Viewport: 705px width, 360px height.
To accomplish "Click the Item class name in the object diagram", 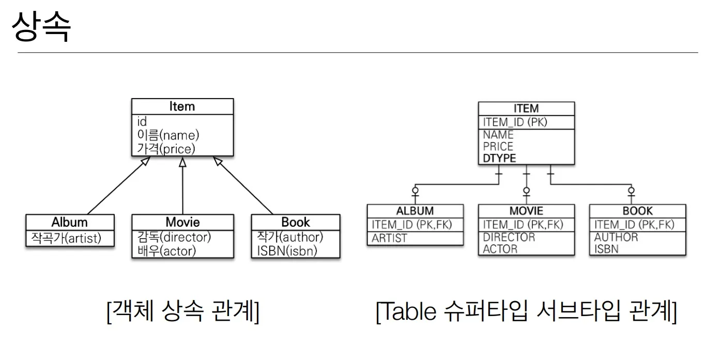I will click(x=182, y=106).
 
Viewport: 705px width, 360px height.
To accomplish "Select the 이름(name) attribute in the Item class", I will click(x=168, y=135).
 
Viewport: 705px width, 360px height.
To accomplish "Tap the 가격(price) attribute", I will click(x=166, y=149).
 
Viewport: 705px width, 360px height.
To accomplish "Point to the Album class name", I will click(x=69, y=222).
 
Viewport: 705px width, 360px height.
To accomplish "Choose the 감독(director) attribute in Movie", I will click(x=174, y=237).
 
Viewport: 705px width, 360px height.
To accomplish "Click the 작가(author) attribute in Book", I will click(x=290, y=237).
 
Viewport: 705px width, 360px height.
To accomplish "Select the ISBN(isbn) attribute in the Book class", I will click(x=287, y=251).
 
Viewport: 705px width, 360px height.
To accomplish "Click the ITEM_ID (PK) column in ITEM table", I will click(x=515, y=122).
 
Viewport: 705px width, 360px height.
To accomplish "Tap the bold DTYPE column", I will click(x=499, y=158).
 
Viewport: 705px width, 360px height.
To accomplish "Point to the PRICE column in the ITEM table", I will click(x=498, y=146).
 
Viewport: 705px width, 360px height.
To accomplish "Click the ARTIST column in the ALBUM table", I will click(x=389, y=238).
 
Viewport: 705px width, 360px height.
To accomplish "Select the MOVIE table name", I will click(x=526, y=211).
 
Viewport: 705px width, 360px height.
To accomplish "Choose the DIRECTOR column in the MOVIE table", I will click(x=509, y=237).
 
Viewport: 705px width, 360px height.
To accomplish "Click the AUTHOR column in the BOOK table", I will click(x=616, y=237).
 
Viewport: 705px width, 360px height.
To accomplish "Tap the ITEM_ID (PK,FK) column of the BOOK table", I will click(x=634, y=225).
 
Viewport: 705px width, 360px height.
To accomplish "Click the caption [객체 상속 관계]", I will click(x=182, y=311).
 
